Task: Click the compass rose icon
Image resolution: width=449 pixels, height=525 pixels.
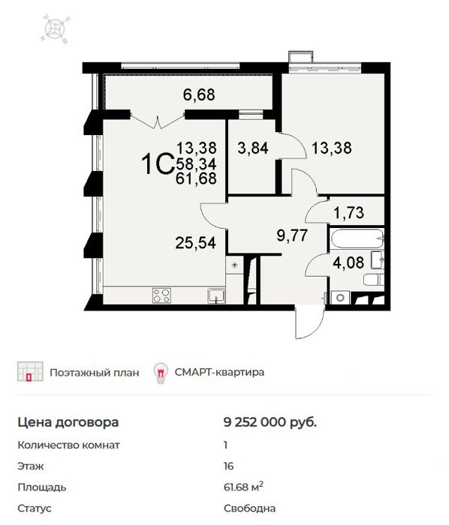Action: pyautogui.click(x=55, y=28)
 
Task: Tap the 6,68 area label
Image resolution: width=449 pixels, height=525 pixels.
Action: pyautogui.click(x=199, y=94)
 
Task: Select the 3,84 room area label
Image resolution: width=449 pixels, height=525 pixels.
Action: pyautogui.click(x=253, y=148)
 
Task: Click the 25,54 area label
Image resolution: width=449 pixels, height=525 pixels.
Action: pyautogui.click(x=196, y=242)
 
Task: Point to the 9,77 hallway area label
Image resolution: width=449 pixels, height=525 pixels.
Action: pyautogui.click(x=292, y=235)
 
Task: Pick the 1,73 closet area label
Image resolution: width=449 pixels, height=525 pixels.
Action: pyautogui.click(x=349, y=212)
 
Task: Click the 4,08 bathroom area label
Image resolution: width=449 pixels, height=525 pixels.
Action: pyautogui.click(x=348, y=262)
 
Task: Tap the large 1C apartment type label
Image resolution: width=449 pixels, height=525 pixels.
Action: pyautogui.click(x=157, y=164)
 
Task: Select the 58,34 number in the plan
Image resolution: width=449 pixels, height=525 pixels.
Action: pyautogui.click(x=197, y=163)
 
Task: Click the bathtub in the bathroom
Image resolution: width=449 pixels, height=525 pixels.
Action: pyautogui.click(x=357, y=238)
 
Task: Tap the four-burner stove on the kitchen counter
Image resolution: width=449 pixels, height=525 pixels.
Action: pyautogui.click(x=161, y=295)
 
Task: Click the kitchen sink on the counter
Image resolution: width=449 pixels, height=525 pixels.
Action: pyautogui.click(x=216, y=295)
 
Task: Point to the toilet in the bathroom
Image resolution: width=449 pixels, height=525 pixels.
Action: pyautogui.click(x=374, y=279)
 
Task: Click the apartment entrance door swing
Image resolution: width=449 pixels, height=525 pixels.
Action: pyautogui.click(x=310, y=322)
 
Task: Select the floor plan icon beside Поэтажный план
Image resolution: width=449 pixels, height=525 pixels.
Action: pyautogui.click(x=30, y=372)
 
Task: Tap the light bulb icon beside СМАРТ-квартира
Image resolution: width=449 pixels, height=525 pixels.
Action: pyautogui.click(x=161, y=373)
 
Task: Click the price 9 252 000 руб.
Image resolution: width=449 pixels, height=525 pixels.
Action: pyautogui.click(x=270, y=422)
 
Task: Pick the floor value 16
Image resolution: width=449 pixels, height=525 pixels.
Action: pyautogui.click(x=228, y=466)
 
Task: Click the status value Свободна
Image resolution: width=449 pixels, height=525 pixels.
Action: pyautogui.click(x=249, y=508)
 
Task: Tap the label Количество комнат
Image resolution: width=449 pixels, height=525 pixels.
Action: pyautogui.click(x=68, y=445)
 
